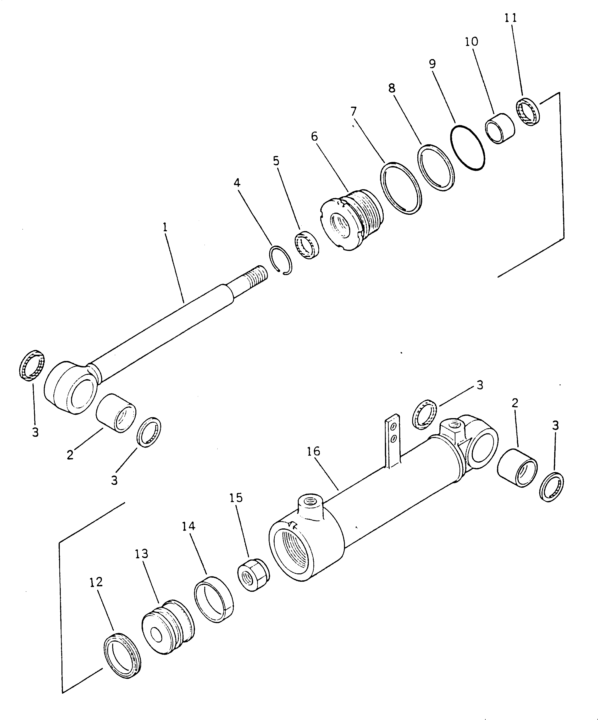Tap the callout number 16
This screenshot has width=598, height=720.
click(x=313, y=451)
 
